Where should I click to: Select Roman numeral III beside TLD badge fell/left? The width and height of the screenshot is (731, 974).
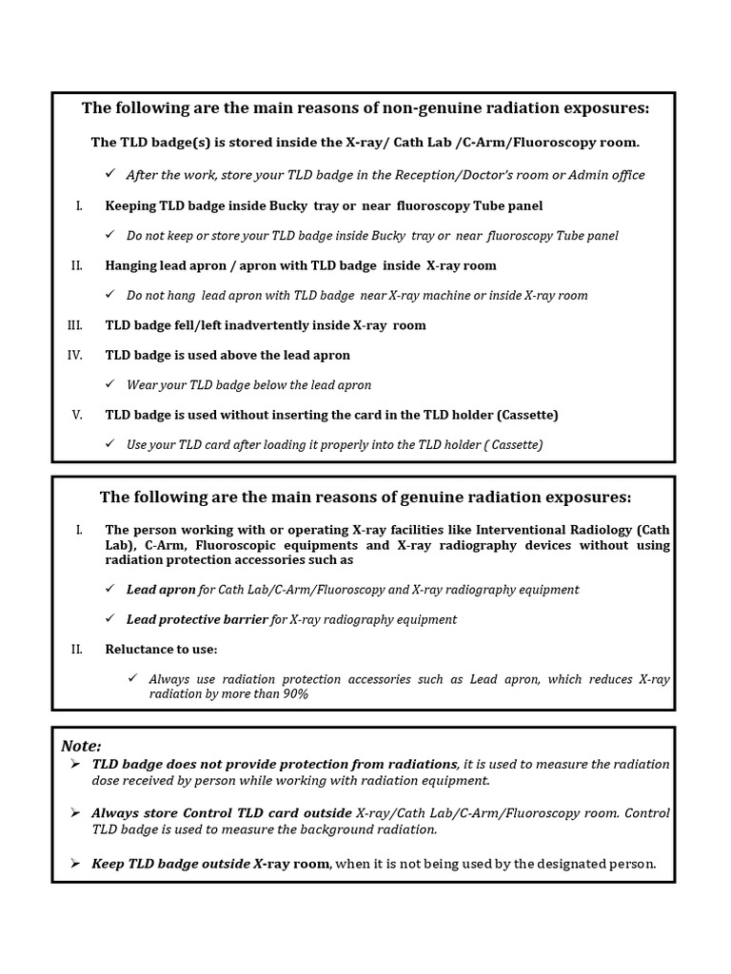point(75,325)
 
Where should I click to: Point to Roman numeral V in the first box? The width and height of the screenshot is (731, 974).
point(77,415)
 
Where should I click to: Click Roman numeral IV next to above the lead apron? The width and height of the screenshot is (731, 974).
point(75,355)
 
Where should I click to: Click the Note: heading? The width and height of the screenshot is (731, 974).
point(81,746)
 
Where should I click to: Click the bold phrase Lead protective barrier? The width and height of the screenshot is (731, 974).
point(197,619)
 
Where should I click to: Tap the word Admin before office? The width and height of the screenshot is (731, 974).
point(592,175)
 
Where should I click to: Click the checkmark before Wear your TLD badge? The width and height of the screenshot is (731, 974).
point(110,384)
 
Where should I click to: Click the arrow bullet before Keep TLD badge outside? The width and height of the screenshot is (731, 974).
point(75,864)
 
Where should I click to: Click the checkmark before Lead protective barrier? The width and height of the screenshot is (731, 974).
point(110,619)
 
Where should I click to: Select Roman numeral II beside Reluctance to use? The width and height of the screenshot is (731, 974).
point(77,649)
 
